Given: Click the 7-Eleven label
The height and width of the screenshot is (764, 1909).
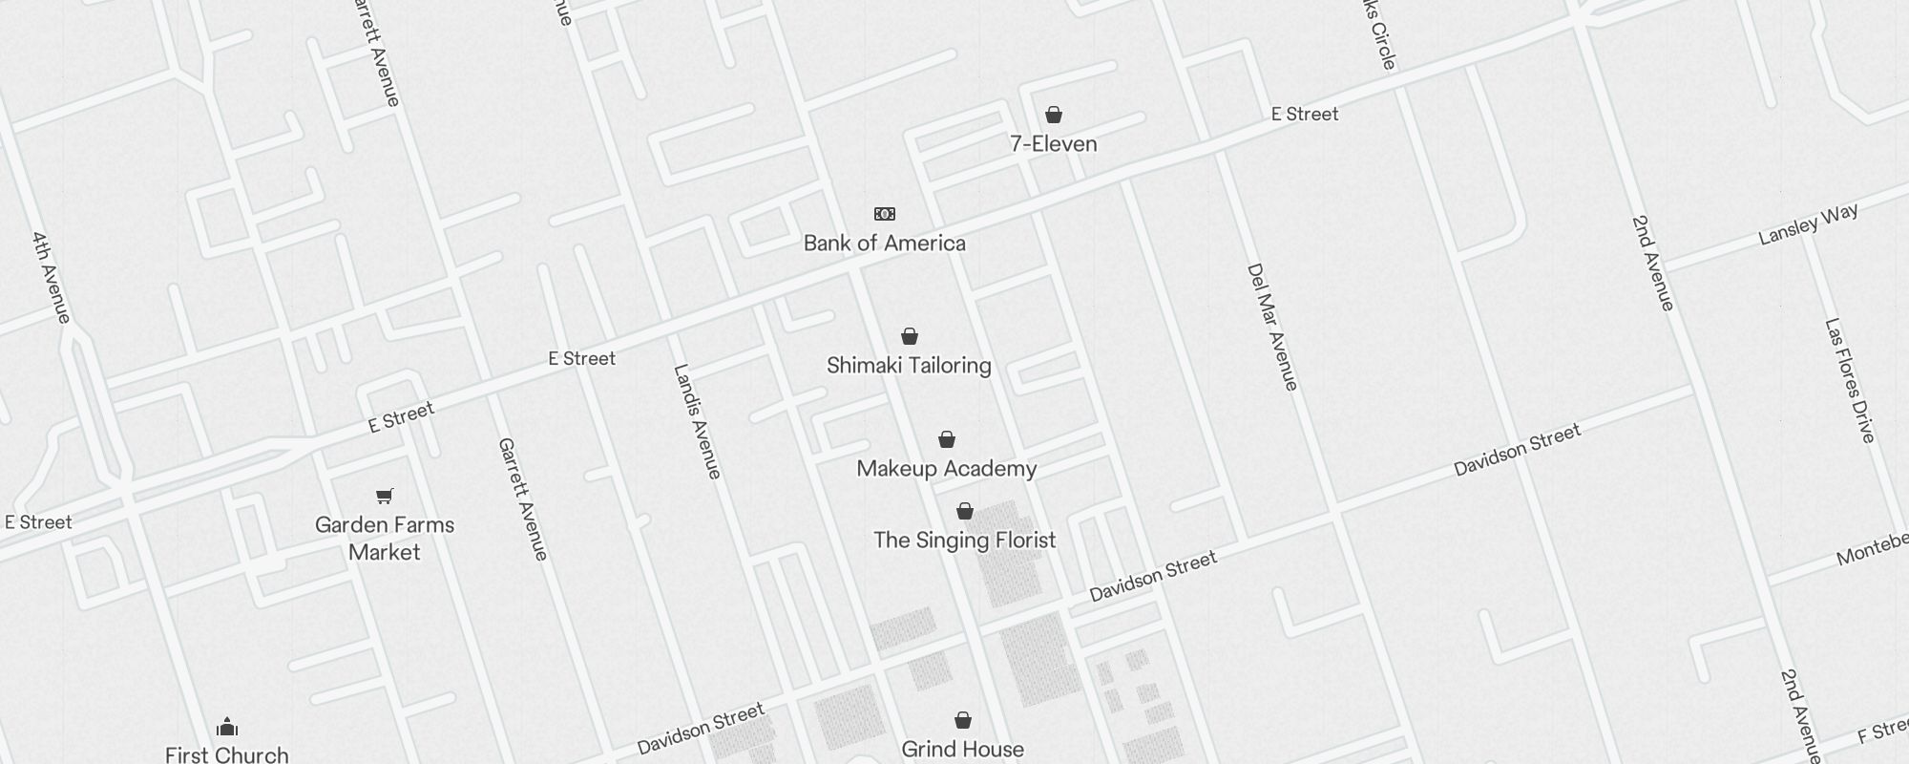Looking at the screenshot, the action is [x=1054, y=144].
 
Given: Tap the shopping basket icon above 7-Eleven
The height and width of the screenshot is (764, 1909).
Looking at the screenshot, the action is [x=1054, y=116].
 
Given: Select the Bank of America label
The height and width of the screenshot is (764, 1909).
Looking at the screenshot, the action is [x=885, y=244].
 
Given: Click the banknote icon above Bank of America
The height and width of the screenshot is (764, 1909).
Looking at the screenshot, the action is [x=885, y=214].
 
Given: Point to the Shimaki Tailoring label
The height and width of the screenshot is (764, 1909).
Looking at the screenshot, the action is [x=909, y=366].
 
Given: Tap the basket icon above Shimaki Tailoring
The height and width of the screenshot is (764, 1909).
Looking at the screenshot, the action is [x=910, y=336].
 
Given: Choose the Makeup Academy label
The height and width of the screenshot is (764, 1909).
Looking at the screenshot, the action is [x=947, y=469].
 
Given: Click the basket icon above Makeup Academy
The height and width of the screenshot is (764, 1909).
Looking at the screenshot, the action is [x=947, y=439].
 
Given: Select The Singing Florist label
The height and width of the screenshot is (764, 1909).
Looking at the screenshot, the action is [x=965, y=541].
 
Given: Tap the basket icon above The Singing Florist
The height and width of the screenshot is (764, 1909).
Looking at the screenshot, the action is [x=965, y=511].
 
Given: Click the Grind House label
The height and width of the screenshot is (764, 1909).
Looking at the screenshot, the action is [x=963, y=750].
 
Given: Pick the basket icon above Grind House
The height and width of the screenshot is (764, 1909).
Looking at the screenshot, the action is [x=963, y=720].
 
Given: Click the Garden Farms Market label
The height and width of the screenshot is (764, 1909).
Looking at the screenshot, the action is [x=385, y=539].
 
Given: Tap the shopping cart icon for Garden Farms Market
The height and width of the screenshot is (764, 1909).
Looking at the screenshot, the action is [x=385, y=496].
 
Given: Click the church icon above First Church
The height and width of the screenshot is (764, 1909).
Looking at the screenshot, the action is [x=227, y=728].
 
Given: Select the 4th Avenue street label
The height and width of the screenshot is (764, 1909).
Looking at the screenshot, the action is [x=52, y=277].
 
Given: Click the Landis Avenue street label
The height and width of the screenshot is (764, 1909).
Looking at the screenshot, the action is [x=698, y=421].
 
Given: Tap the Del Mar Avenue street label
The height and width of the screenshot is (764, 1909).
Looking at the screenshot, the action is [x=1273, y=327].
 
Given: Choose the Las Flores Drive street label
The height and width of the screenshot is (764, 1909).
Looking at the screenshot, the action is [x=1850, y=380].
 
